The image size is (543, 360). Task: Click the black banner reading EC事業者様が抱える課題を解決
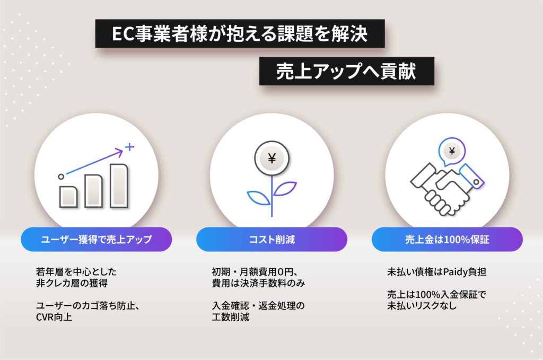click(240, 33)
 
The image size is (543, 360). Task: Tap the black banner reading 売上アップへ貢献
click(347, 71)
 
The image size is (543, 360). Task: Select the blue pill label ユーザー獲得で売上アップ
click(97, 239)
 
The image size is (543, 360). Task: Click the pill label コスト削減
click(272, 239)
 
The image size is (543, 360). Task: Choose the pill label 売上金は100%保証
click(447, 239)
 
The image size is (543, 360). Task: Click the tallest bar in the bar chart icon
click(119, 186)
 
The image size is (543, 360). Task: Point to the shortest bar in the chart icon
click(68, 197)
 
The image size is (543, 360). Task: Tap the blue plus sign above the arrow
click(129, 147)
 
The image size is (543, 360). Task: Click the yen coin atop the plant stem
click(272, 158)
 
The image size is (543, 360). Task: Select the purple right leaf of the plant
click(285, 189)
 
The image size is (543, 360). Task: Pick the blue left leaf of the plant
click(258, 198)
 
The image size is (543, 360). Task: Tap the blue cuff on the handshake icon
click(472, 177)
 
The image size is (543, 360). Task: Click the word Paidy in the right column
click(454, 272)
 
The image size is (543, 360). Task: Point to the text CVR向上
click(54, 317)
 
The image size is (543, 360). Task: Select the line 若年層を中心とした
click(76, 272)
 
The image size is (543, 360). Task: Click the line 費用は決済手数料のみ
click(258, 283)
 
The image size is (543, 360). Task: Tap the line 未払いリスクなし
click(422, 305)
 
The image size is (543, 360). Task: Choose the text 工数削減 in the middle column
click(230, 317)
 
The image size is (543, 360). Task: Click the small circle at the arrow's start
click(61, 177)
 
